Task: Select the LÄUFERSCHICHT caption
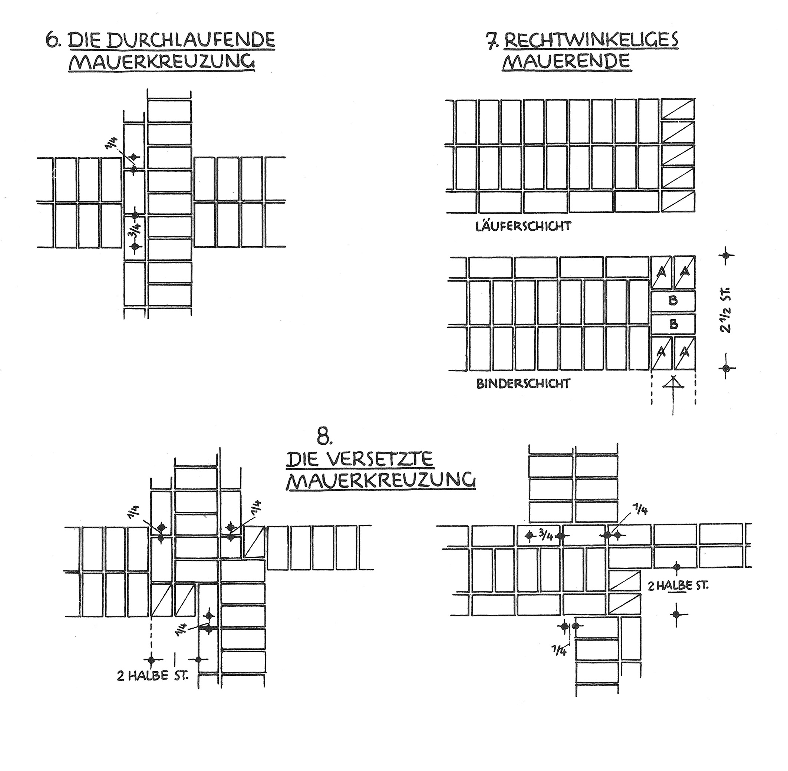[x=524, y=226]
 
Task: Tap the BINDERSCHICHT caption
[x=523, y=383]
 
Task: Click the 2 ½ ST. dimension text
[x=726, y=310]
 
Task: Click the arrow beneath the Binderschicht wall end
[x=673, y=395]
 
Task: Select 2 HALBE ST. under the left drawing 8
[x=153, y=677]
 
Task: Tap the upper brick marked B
[x=673, y=300]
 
